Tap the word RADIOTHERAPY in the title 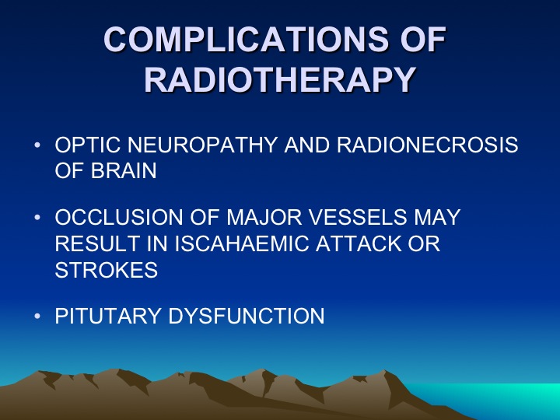coord(280,79)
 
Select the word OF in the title coord(423,39)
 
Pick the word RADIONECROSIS coord(427,145)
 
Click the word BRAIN coord(124,170)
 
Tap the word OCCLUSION coord(119,217)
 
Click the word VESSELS coord(358,217)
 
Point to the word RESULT coord(97,243)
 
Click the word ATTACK coord(359,243)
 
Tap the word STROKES coord(107,270)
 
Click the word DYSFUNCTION coord(246,316)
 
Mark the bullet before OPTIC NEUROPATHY coord(37,145)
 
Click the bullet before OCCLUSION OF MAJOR coord(37,218)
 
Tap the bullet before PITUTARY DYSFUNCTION coord(37,316)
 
